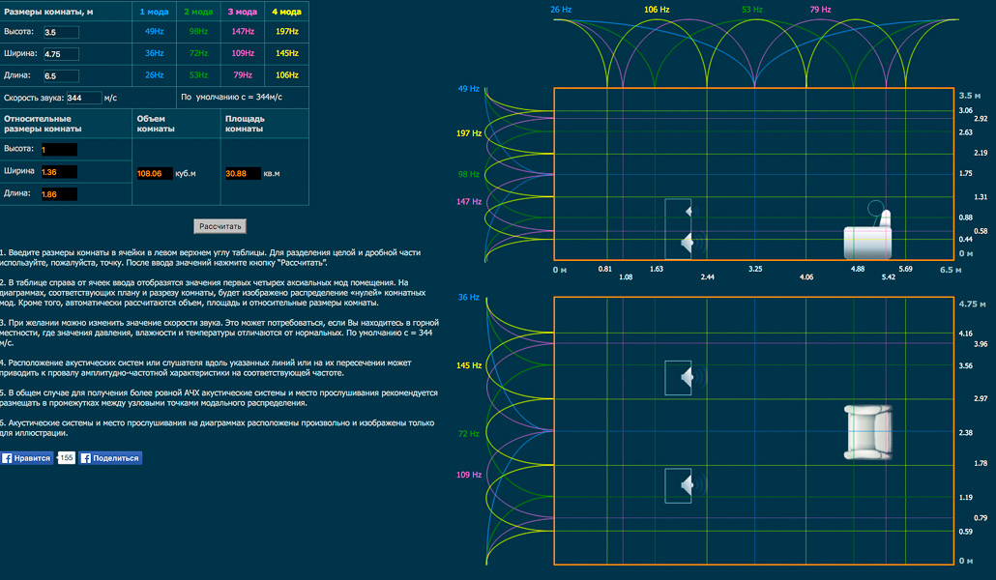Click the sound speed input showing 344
click(83, 98)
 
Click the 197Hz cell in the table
click(286, 32)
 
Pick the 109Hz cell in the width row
click(243, 53)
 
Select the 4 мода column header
click(286, 12)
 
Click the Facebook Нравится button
click(26, 458)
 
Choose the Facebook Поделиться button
click(110, 458)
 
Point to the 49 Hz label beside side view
click(469, 89)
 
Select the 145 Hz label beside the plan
click(469, 365)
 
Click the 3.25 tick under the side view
click(755, 269)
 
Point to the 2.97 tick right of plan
click(980, 398)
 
